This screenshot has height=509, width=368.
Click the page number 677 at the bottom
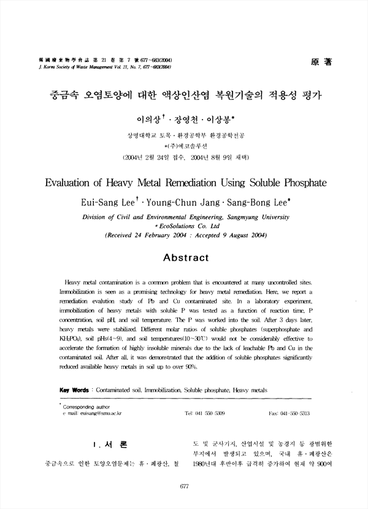coord(184,486)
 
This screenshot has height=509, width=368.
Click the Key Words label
coord(73,389)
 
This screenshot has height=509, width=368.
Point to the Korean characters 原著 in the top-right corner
coord(322,62)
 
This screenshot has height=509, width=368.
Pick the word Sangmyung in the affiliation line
coord(243,216)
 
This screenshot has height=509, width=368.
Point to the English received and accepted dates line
coord(184,234)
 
